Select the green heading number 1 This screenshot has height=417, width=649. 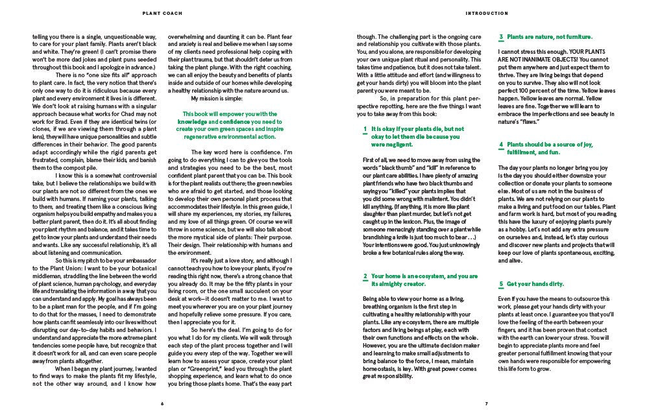(x=365, y=129)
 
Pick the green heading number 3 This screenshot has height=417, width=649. (x=501, y=38)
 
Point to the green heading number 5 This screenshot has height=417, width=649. (x=501, y=284)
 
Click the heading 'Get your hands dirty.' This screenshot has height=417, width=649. (x=535, y=284)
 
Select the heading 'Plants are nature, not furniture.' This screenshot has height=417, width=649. (x=549, y=38)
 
